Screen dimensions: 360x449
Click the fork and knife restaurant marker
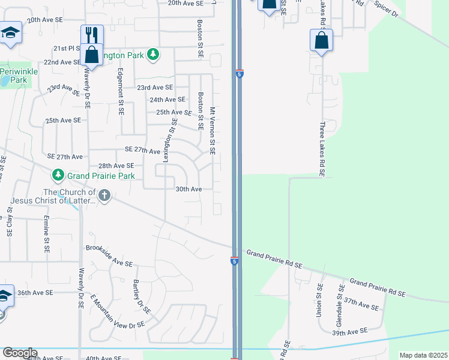[x=92, y=35]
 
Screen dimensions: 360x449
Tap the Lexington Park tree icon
[x=154, y=55]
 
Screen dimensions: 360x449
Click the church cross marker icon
[x=104, y=196]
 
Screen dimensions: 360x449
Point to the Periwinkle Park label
[x=14, y=76]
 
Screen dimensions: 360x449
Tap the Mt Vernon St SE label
[x=212, y=131]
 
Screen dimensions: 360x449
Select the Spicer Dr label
[x=386, y=8]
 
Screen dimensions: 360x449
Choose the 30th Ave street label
[x=188, y=189]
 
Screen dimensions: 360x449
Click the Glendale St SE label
[x=339, y=302]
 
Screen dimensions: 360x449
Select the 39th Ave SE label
[x=349, y=332]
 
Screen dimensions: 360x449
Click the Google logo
[x=19, y=353]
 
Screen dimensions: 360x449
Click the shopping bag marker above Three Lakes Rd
[x=321, y=41]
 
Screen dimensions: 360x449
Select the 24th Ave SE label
[x=167, y=100]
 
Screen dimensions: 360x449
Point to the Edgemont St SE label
[x=121, y=91]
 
